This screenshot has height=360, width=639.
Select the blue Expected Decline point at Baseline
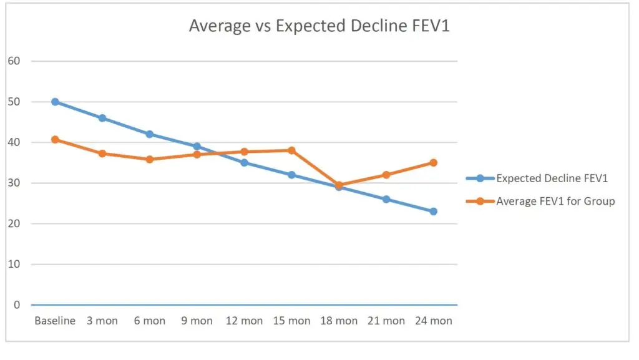click(55, 102)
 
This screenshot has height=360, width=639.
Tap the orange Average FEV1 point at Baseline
click(55, 139)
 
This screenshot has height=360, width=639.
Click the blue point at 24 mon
click(434, 212)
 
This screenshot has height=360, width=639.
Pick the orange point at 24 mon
click(434, 163)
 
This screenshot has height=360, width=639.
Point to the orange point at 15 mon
click(291, 150)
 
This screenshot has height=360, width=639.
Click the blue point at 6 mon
click(150, 134)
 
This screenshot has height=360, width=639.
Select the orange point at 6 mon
click(150, 159)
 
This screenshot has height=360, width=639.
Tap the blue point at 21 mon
click(386, 200)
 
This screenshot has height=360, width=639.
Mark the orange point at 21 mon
click(386, 175)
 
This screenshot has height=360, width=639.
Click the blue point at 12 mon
click(244, 163)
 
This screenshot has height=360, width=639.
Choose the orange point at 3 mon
click(102, 153)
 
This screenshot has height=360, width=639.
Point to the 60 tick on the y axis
click(14, 61)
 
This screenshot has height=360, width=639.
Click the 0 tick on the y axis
click(17, 305)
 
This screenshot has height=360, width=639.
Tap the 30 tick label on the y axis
click(14, 183)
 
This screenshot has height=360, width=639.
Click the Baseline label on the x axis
click(55, 321)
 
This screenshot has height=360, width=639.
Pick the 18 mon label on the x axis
click(339, 321)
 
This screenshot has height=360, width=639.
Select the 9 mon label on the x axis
click(197, 321)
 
